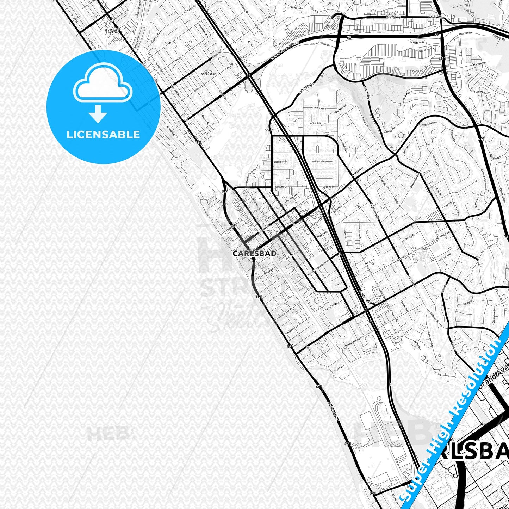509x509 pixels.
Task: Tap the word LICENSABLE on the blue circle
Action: point(103,134)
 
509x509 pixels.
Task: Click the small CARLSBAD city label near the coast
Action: point(255,253)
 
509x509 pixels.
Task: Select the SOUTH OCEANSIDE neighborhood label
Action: point(208,73)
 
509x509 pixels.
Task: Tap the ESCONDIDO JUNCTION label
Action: point(112,31)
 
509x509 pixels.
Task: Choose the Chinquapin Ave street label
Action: point(353,342)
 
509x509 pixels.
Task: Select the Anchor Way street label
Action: point(333,305)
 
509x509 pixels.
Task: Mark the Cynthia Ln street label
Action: point(321,161)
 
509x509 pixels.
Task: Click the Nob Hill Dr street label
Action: point(429,124)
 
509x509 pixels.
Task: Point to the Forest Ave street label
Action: point(315,123)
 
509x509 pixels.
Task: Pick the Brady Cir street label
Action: point(410,236)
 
